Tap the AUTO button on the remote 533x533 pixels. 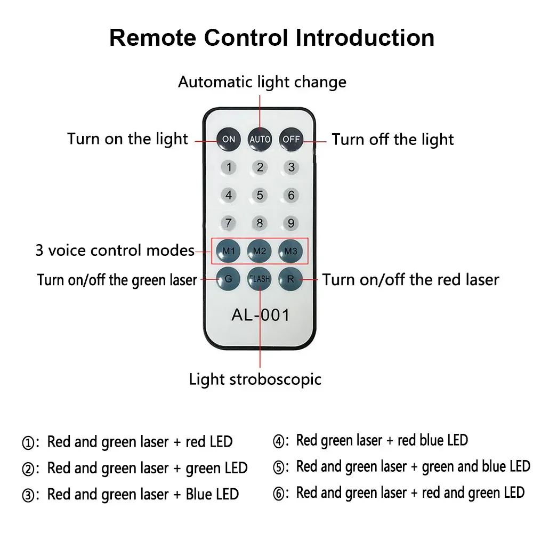click(260, 139)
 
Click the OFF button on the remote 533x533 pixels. click(291, 139)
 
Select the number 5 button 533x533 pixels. click(260, 195)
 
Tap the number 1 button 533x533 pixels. click(229, 167)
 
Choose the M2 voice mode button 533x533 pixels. click(260, 250)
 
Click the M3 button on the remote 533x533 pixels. click(291, 250)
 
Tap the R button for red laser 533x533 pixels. click(291, 278)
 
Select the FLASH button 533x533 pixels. click(260, 278)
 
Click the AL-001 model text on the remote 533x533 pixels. click(260, 315)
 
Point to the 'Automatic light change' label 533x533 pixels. click(262, 82)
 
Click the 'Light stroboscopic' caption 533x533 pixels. click(255, 379)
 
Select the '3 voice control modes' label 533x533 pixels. click(115, 250)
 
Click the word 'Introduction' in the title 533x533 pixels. click(365, 38)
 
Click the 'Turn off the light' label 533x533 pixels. click(392, 140)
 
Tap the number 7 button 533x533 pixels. click(229, 223)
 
